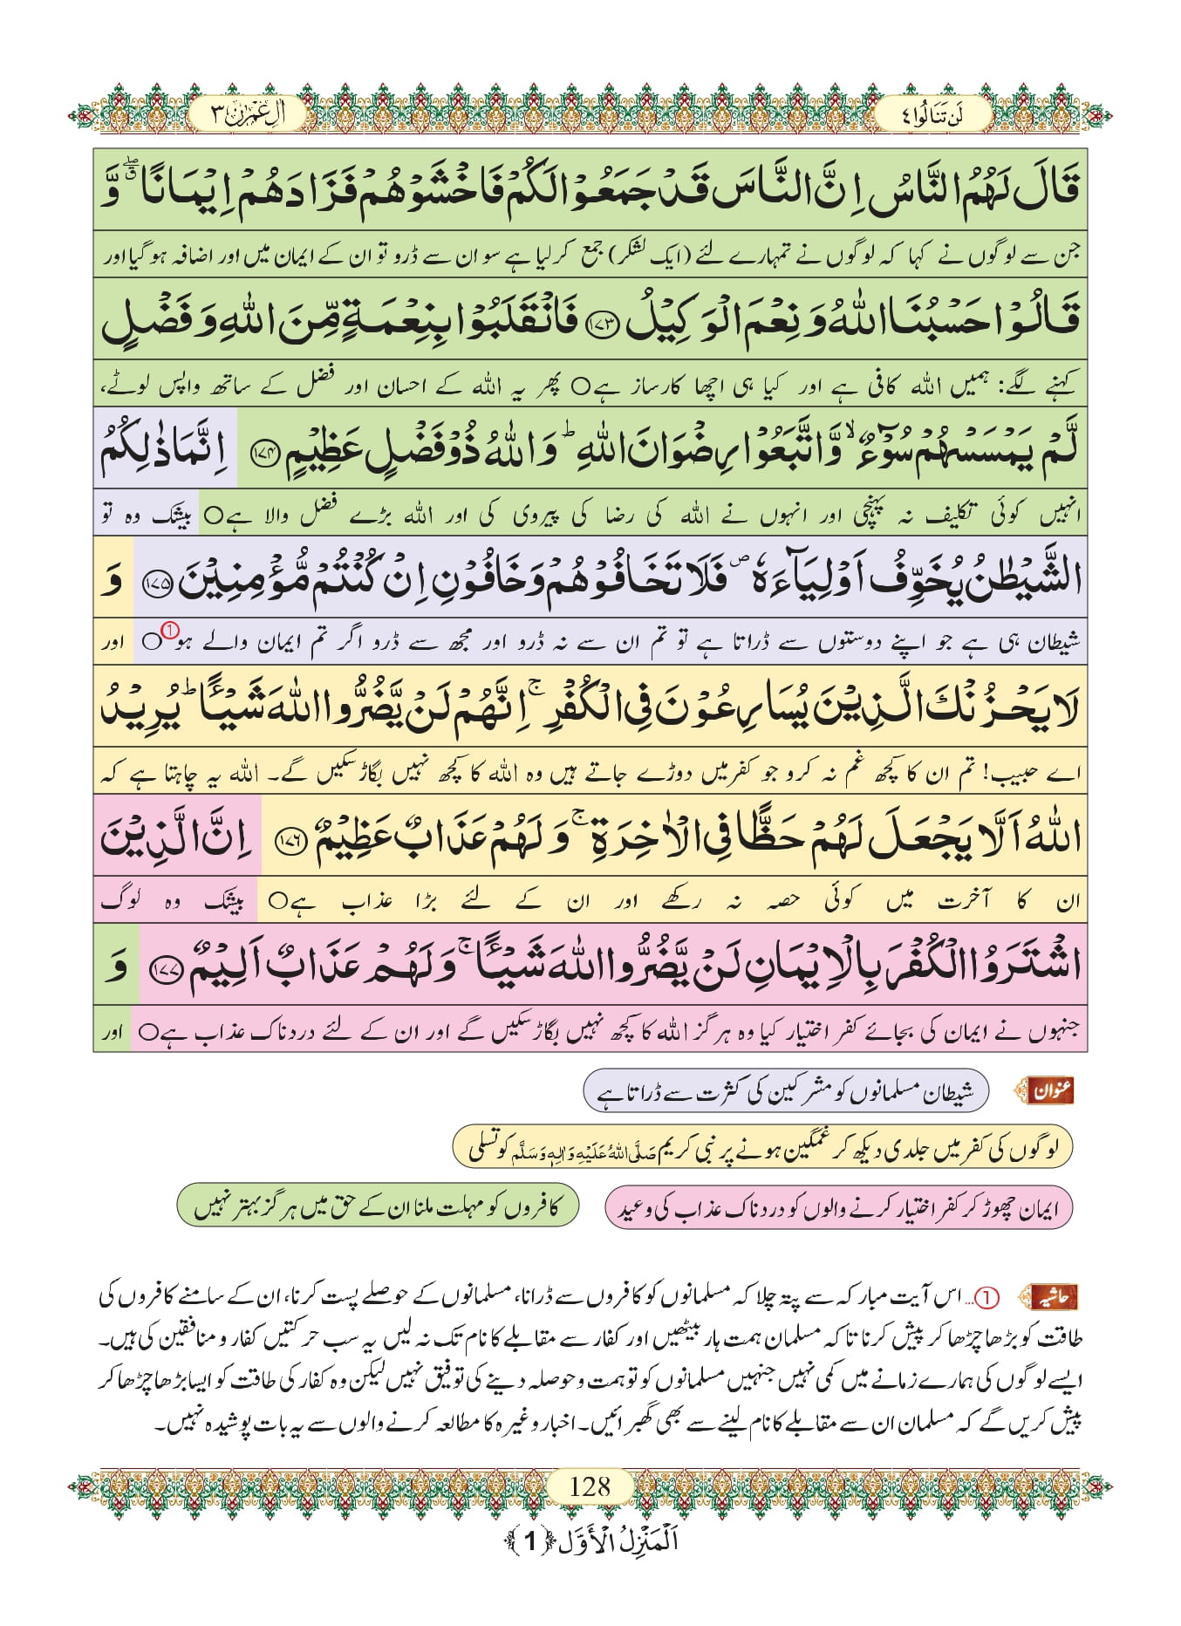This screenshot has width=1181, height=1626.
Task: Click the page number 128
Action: point(590,1485)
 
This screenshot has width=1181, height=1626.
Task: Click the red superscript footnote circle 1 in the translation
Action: point(171,630)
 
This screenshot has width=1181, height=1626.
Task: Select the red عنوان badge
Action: point(1052,1090)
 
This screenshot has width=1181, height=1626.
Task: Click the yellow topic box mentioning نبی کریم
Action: point(761,1149)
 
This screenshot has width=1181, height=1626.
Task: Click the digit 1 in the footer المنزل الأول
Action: point(529,1541)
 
